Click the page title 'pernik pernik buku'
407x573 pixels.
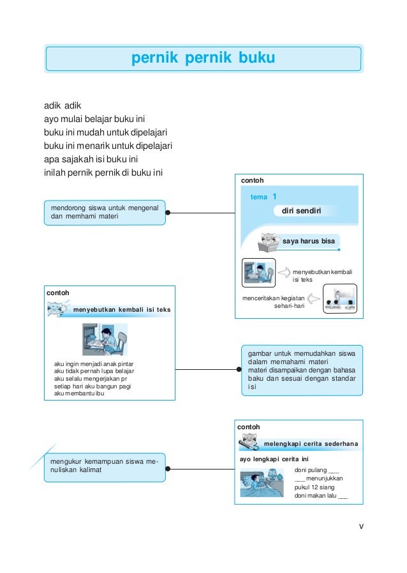tap(203, 59)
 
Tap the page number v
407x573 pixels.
tap(362, 526)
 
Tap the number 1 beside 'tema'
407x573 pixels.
tap(274, 197)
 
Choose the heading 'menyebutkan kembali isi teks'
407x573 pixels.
tap(122, 310)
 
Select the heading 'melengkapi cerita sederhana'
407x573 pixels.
tap(311, 443)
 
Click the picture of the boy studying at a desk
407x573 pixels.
tap(105, 339)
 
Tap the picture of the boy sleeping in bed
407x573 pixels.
tap(262, 484)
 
